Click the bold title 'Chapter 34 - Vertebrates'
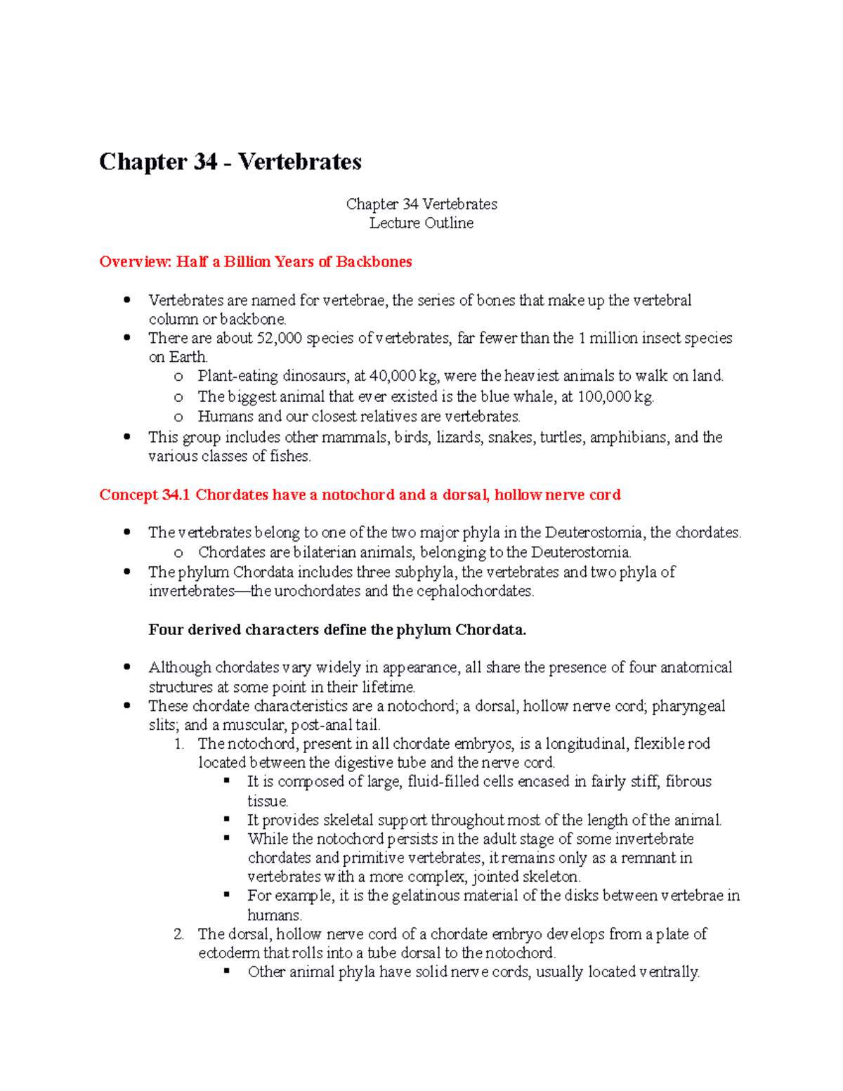point(230,162)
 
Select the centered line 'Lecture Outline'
point(421,223)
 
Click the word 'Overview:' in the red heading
point(136,262)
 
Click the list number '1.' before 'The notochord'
point(179,744)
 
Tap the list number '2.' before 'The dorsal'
point(179,934)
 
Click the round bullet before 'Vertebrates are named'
point(127,300)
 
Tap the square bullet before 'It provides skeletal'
point(227,819)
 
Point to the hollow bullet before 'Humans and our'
point(178,417)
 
